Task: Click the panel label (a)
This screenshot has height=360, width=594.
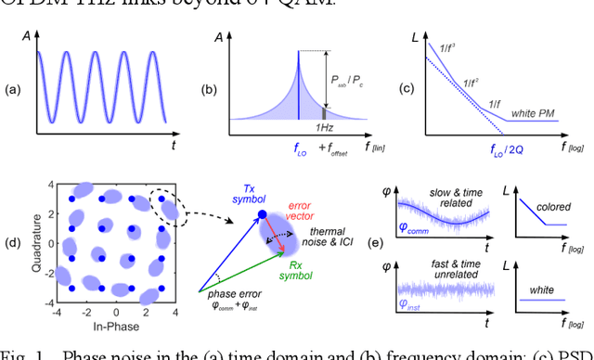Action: pyautogui.click(x=13, y=89)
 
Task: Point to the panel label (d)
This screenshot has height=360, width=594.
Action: pyautogui.click(x=13, y=244)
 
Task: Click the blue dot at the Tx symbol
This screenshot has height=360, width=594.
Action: pyautogui.click(x=263, y=216)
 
